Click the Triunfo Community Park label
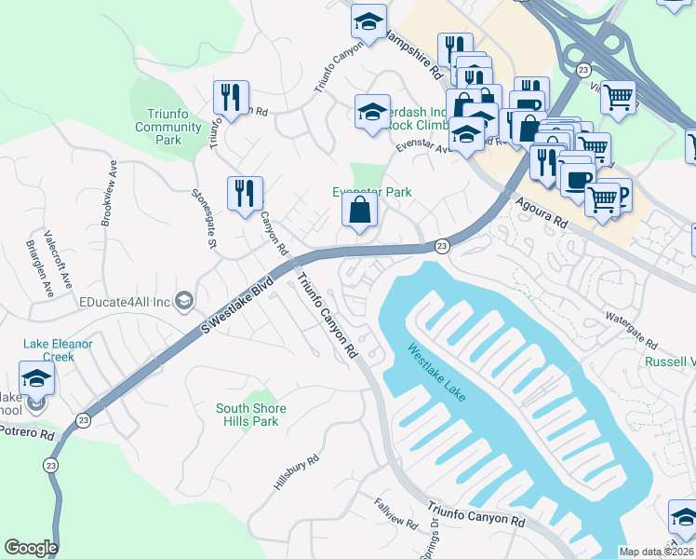click(x=168, y=128)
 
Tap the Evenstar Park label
click(x=372, y=192)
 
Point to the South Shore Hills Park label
click(x=251, y=415)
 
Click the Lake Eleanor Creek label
click(x=58, y=350)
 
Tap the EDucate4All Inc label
click(x=125, y=301)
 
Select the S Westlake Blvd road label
click(x=236, y=299)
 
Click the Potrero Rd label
click(x=29, y=432)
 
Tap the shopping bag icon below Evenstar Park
click(x=359, y=211)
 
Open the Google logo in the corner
click(x=31, y=548)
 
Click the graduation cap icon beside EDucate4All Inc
click(x=184, y=300)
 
